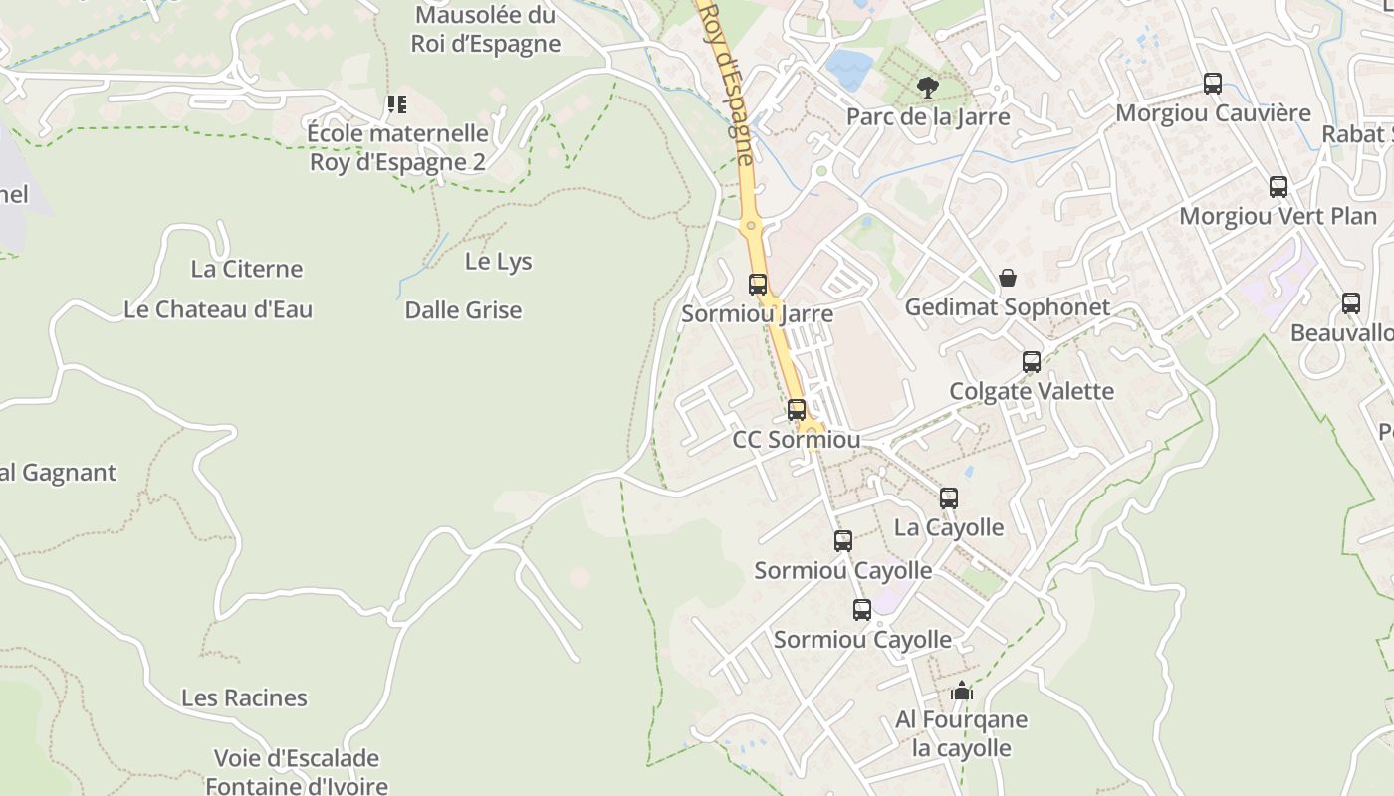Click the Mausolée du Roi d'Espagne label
[x=486, y=30]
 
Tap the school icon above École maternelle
[x=397, y=103]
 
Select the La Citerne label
[x=246, y=269]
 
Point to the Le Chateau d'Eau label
[x=218, y=309]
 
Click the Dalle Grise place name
[x=463, y=310]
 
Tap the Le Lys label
[x=498, y=262]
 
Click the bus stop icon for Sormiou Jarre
[x=758, y=284]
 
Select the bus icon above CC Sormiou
[x=796, y=409]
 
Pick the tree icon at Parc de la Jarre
[x=927, y=88]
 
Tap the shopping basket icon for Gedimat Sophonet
[x=1008, y=277]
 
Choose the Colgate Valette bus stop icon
[x=1032, y=362]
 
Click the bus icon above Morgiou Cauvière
[x=1212, y=84]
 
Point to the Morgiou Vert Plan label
[x=1278, y=216]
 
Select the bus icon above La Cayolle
[x=949, y=498]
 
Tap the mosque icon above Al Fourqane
[x=962, y=690]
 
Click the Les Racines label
[x=244, y=697]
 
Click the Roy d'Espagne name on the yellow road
[x=730, y=80]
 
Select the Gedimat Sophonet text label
[x=1007, y=307]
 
